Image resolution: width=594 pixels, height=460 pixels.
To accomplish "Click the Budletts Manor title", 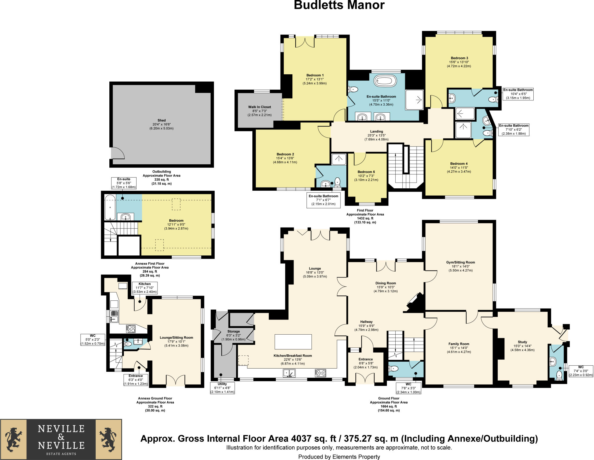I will point(339,5).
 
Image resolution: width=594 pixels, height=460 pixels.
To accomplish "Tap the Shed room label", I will point(162,120).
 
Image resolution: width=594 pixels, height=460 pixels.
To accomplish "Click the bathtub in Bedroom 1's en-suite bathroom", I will point(385,81).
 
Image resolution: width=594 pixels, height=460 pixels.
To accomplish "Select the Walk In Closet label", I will point(260,107).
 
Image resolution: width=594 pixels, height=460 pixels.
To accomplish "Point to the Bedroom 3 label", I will point(459,58).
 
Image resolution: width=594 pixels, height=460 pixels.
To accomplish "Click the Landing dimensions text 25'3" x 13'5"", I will point(376,136).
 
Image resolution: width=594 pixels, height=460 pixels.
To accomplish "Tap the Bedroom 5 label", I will point(366,172).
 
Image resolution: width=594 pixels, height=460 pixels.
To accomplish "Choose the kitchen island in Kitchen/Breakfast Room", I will point(293,342).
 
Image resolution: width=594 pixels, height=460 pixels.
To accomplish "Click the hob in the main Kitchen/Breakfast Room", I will point(320,373).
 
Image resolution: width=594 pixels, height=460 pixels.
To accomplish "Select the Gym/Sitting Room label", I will point(461,262).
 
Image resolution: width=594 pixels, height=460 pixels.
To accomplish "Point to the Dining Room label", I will point(385,283).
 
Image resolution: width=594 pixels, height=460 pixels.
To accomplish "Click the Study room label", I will point(522,342).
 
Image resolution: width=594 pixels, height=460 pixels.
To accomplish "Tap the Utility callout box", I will point(222,388).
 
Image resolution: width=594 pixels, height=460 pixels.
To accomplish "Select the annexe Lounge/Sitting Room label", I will point(176,338).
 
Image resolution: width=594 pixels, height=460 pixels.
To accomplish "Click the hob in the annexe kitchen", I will point(131,329).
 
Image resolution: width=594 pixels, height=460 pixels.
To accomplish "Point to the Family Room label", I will point(459,344).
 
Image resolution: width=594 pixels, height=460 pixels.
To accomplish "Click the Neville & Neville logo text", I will point(61,437).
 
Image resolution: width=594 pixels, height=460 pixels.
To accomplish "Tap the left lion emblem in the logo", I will point(13,439).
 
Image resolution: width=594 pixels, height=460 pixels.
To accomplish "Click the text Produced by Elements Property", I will point(339,457).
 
